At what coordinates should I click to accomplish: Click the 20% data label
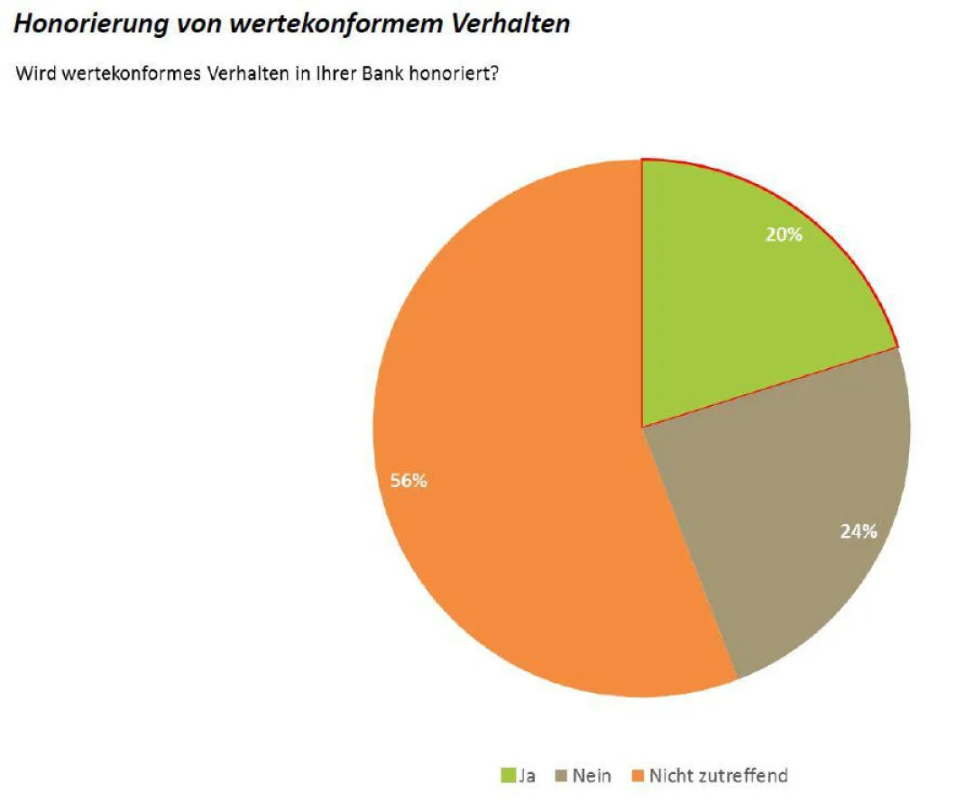tap(784, 235)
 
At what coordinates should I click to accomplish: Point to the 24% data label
tap(859, 531)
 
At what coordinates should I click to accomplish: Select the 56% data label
tap(409, 481)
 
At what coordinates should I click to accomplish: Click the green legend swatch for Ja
tap(509, 775)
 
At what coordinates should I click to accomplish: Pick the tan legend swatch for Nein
tap(562, 775)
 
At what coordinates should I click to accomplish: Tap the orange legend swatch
tap(639, 775)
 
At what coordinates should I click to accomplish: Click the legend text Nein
tap(592, 775)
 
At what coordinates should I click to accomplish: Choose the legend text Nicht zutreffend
tap(719, 775)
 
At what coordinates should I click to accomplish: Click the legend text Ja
tap(527, 775)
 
